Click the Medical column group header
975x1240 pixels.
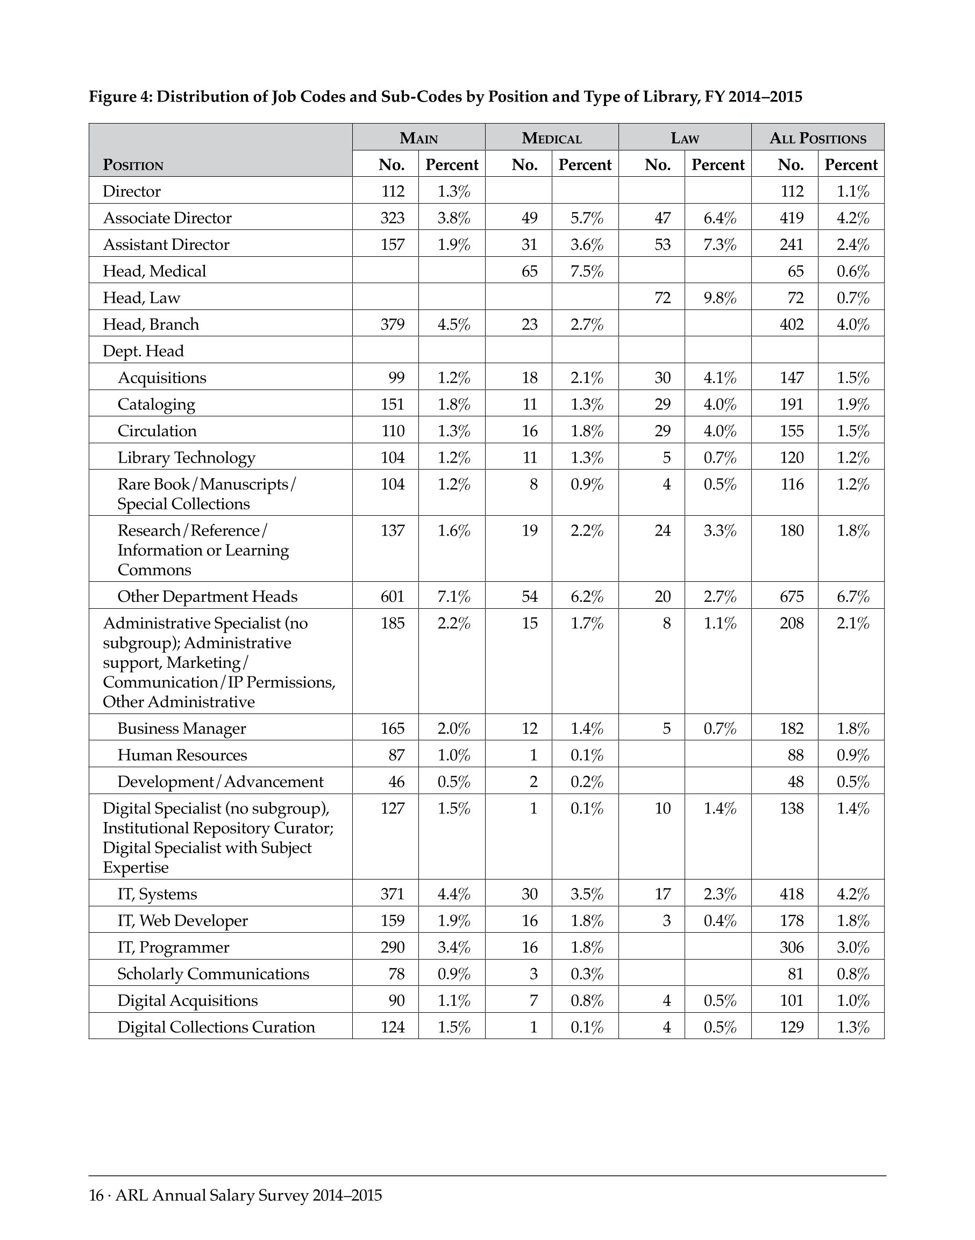[551, 138]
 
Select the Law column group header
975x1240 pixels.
[685, 138]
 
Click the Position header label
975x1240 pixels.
[133, 165]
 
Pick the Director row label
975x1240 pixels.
[132, 191]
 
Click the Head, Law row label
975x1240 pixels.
[141, 298]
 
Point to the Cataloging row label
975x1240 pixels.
[156, 405]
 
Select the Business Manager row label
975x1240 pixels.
[182, 729]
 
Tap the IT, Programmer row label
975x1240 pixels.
[173, 947]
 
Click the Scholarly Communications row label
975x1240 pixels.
[213, 974]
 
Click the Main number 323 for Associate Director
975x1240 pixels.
[393, 218]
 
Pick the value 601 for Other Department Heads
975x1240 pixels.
[393, 596]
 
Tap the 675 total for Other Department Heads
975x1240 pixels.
[792, 596]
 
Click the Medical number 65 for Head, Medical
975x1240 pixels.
[529, 271]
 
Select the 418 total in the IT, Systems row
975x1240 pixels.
[792, 894]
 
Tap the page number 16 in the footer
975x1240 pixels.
[96, 1195]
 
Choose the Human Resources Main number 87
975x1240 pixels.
[396, 755]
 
